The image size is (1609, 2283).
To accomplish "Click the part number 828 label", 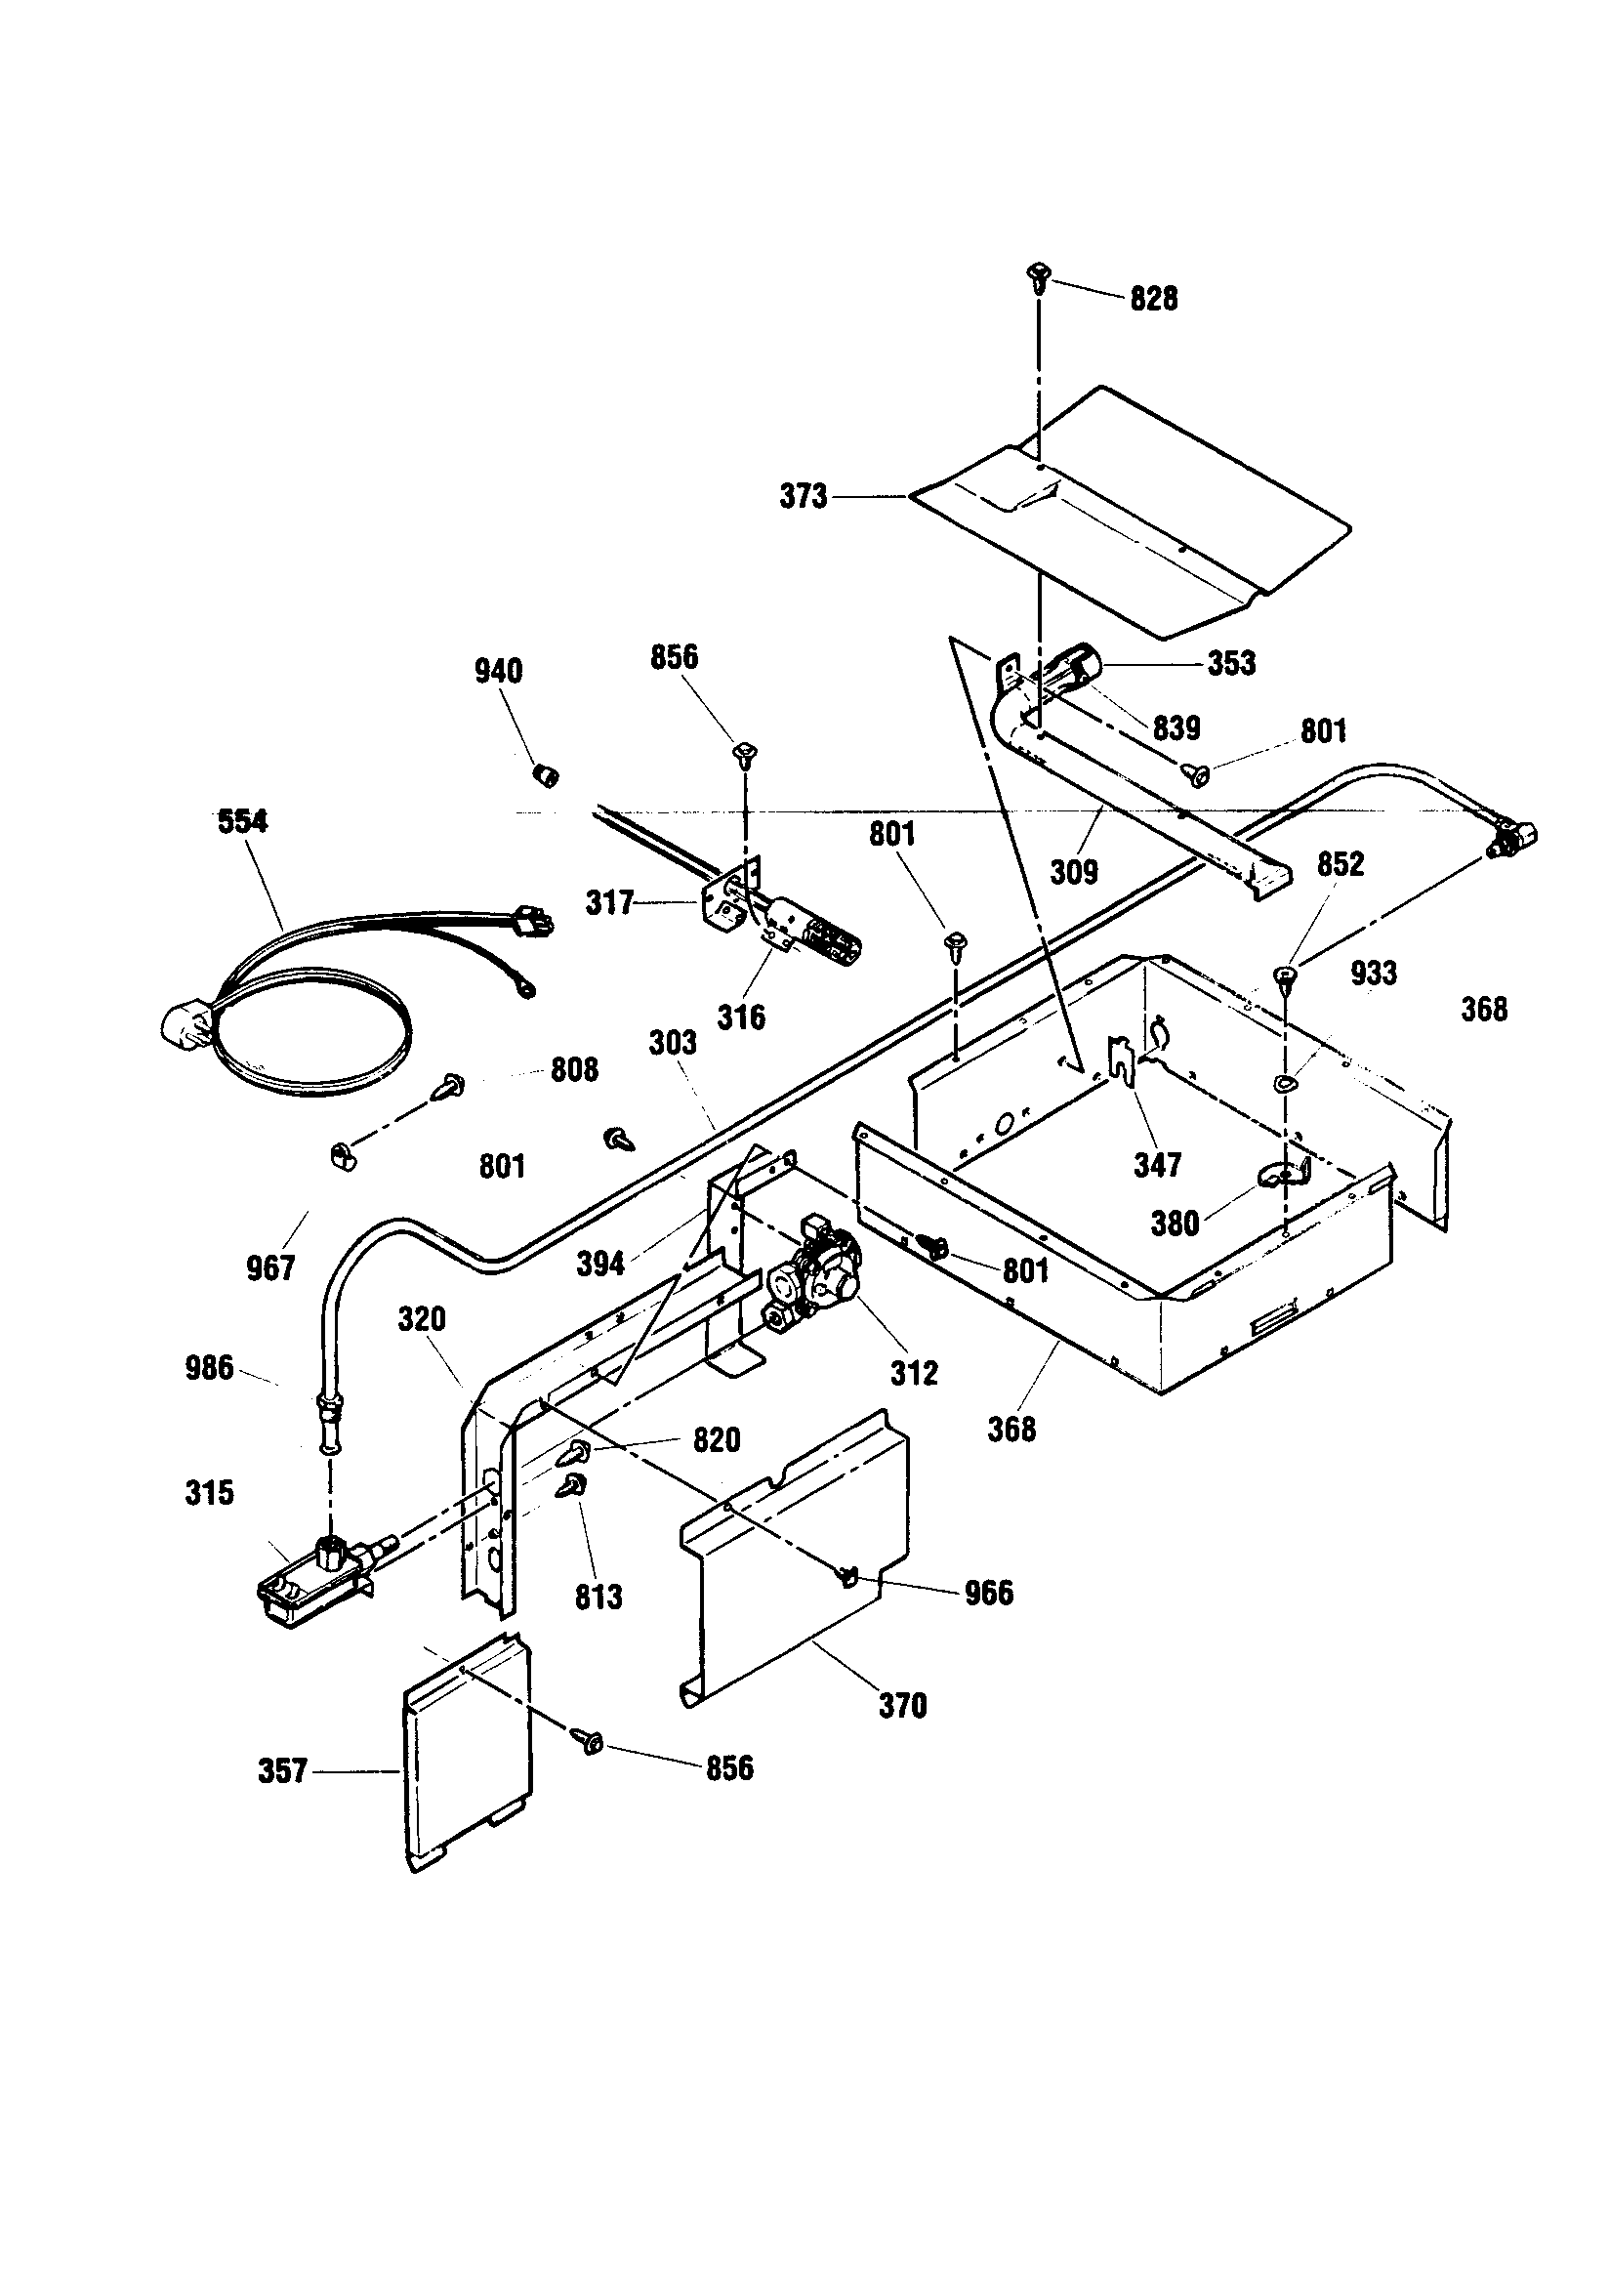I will click(x=1154, y=298).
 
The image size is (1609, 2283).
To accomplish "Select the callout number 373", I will click(x=804, y=496).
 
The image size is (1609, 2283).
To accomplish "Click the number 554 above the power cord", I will click(x=243, y=821).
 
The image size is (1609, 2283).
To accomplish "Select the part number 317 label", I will click(x=609, y=903).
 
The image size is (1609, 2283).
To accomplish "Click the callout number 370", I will click(x=903, y=1706).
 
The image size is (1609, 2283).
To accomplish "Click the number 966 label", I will click(x=988, y=1593).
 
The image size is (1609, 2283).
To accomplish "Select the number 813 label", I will click(x=598, y=1597).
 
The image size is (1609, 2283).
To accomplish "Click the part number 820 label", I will click(x=716, y=1439).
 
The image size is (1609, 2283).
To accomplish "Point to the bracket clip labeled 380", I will click(x=1283, y=1177).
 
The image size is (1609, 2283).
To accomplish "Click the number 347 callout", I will click(x=1158, y=1164).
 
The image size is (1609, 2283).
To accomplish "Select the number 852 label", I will click(x=1341, y=864).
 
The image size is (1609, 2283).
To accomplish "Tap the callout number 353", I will click(x=1231, y=663).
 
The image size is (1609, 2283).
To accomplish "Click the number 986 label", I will click(x=209, y=1368).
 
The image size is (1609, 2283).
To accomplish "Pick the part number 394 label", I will click(x=600, y=1264).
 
